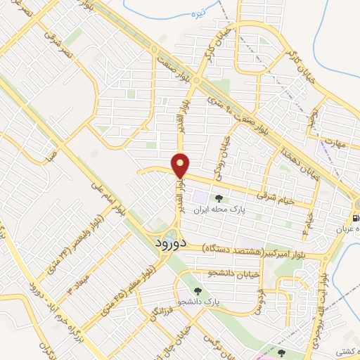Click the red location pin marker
[181, 165]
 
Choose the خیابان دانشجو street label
[233, 271]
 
